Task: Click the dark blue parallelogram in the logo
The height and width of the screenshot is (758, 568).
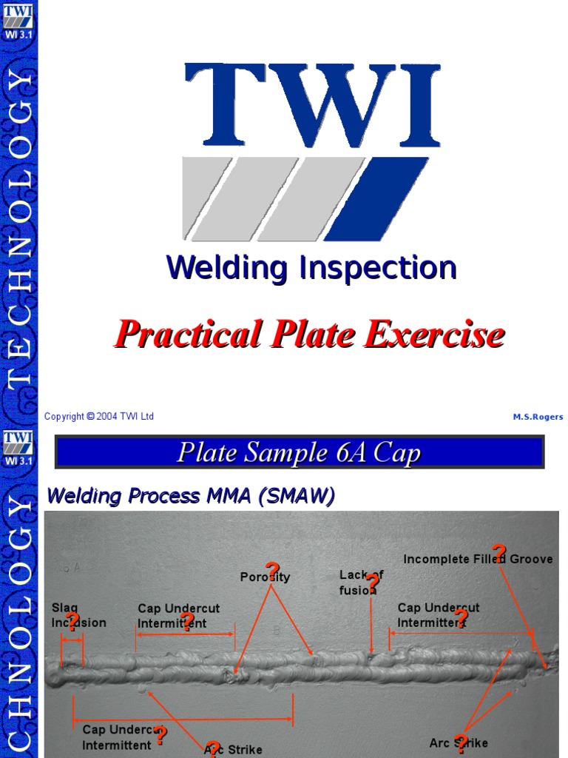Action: click(x=376, y=198)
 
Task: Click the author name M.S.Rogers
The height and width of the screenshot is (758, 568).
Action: click(x=538, y=417)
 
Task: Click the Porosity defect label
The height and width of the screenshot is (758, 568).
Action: click(x=265, y=577)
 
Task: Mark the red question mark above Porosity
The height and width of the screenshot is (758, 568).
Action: click(x=272, y=571)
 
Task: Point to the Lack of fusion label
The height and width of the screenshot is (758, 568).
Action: click(x=360, y=583)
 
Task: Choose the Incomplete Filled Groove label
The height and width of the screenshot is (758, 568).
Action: click(x=478, y=560)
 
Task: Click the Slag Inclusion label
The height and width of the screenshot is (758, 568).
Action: click(x=78, y=615)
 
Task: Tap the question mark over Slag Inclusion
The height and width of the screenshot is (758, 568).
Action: click(x=72, y=621)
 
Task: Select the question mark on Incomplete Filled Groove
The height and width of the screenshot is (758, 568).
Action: click(x=499, y=553)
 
